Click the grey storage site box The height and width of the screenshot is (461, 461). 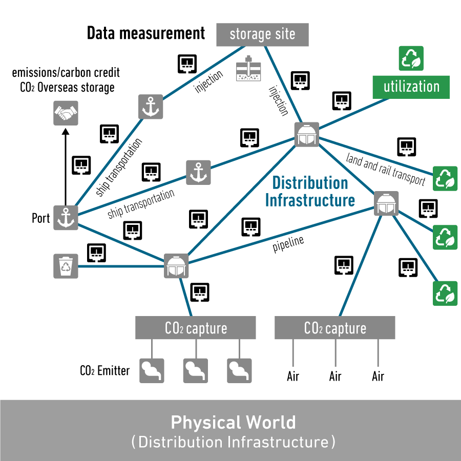262,34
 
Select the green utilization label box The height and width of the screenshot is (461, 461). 411,87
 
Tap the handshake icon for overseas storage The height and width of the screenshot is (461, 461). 66,113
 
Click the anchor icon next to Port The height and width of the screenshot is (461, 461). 66,218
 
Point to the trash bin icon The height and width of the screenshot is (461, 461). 66,266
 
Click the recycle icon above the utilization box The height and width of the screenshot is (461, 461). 411,58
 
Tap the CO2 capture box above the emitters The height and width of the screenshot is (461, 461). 195,328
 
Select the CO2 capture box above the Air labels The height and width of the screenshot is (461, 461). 335,328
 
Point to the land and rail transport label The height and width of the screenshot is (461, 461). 386,169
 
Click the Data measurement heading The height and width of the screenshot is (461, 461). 146,34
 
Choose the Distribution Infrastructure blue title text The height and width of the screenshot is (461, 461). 310,191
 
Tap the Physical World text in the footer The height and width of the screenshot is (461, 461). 233,423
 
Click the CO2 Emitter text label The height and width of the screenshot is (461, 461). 105,370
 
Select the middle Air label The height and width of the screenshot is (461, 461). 335,377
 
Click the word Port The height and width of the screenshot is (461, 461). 41,218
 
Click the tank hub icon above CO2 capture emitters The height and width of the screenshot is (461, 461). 176,265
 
